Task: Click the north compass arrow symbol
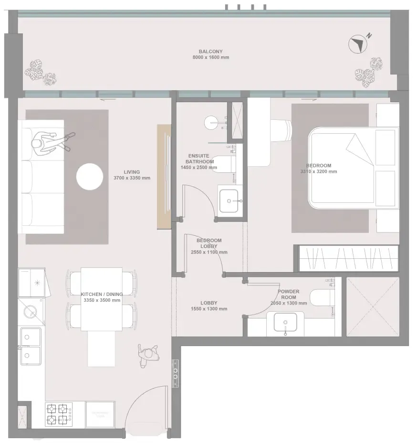point(357,44)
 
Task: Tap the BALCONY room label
point(210,52)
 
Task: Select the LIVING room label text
point(132,172)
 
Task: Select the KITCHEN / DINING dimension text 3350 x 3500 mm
point(102,301)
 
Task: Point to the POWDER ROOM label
point(288,294)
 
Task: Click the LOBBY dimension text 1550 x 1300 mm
point(209,309)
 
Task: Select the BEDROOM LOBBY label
point(209,243)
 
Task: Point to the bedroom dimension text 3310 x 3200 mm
point(318,172)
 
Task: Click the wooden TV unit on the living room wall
point(164,176)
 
